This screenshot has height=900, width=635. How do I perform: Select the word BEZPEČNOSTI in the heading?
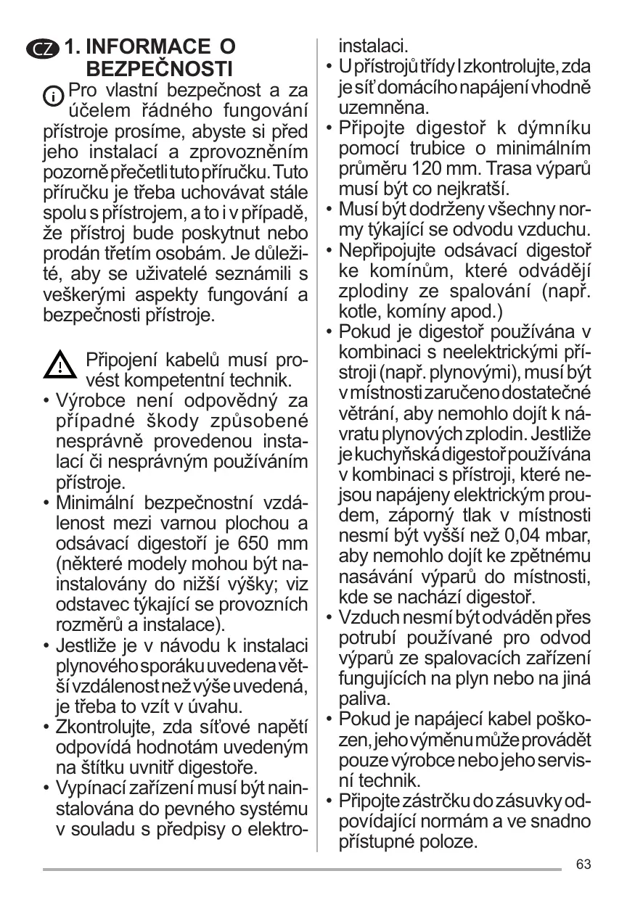click(x=159, y=70)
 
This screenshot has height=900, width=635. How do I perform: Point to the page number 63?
click(x=583, y=864)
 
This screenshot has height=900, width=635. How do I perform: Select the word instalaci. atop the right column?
click(x=374, y=46)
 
